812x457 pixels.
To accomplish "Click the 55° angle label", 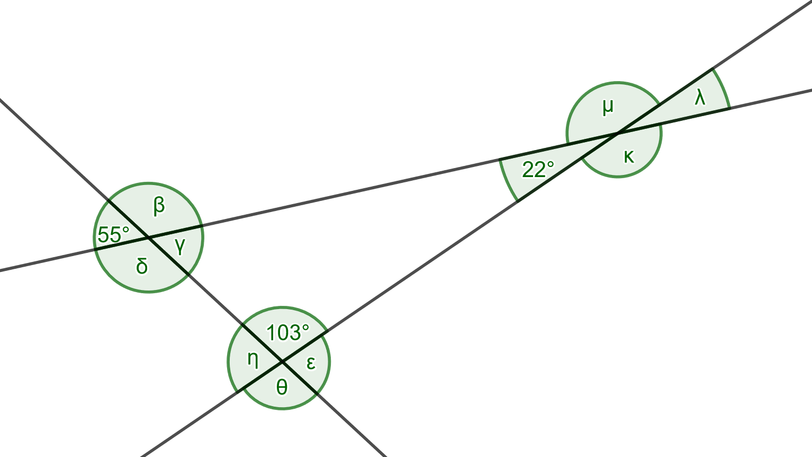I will coord(113,234).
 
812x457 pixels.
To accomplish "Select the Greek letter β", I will coord(159,206).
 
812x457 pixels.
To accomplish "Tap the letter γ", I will coord(180,245).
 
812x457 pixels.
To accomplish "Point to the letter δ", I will coord(142,266).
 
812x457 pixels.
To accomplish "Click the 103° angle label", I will coord(287,333).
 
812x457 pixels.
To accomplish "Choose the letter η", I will coord(253,359).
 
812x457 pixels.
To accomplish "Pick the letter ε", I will coord(311,363).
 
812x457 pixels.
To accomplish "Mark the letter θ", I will coord(282,387).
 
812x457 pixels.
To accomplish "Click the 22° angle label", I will coord(538,170).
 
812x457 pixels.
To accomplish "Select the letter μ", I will coord(608,106).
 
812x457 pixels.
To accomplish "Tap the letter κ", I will coord(629,156).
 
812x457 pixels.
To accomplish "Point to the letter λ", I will coord(700,97).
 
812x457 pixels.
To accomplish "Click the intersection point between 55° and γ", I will coord(148,238).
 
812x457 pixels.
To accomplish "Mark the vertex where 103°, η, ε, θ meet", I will coord(282,362).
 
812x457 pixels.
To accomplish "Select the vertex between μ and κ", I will coord(617,134).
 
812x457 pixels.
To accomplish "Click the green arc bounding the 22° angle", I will coord(506,181).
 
